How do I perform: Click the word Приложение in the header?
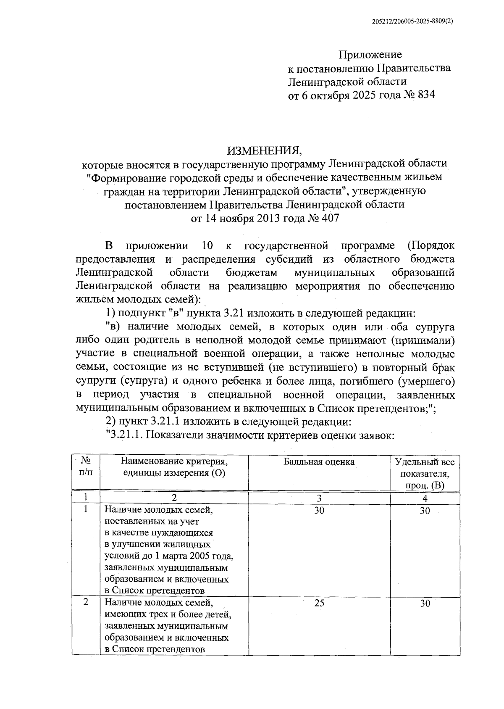(370, 55)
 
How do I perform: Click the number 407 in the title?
(330, 219)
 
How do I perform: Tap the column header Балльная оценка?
(319, 462)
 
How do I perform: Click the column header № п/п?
(86, 467)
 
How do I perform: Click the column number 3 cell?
(319, 498)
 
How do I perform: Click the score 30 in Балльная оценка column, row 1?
(319, 511)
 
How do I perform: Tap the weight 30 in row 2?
(425, 604)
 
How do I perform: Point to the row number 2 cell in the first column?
(86, 602)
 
